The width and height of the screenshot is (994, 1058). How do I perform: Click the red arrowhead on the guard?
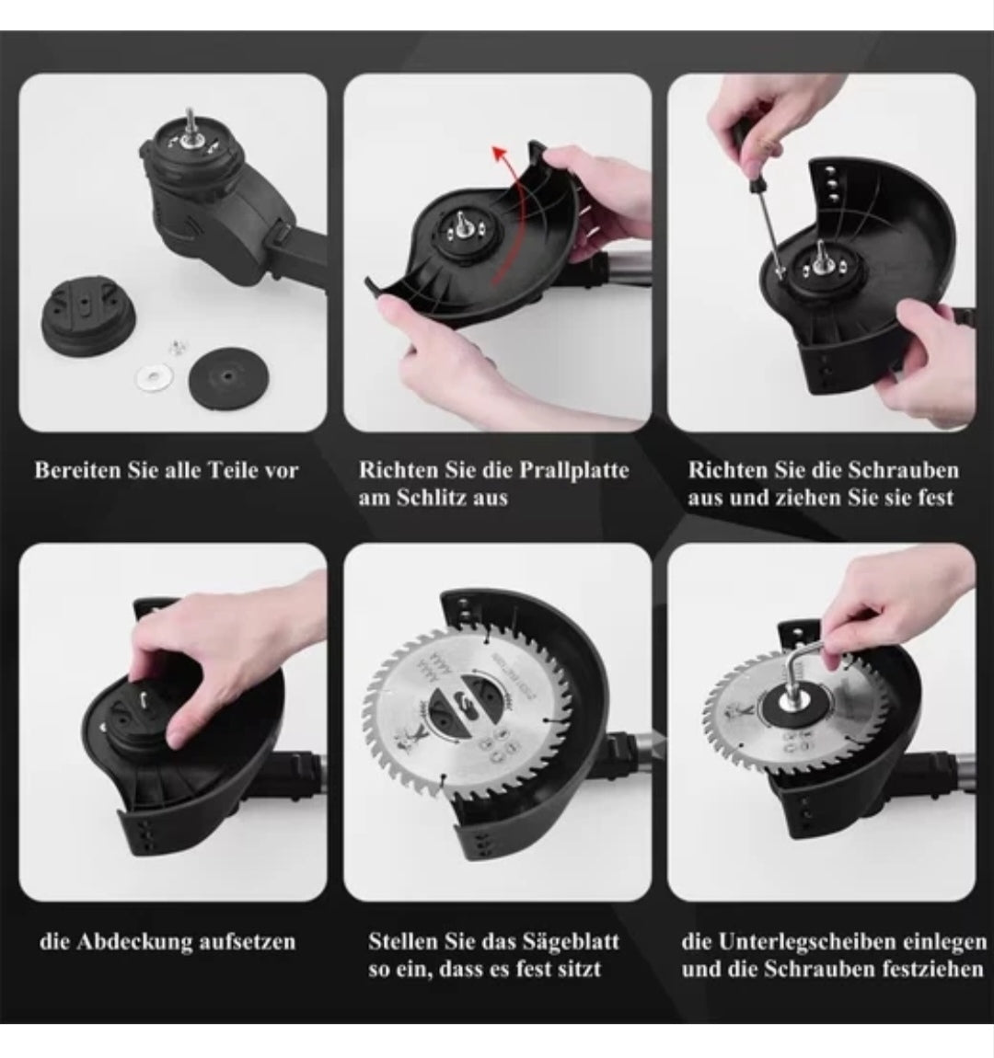point(500,155)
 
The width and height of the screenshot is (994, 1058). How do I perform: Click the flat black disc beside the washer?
point(228,374)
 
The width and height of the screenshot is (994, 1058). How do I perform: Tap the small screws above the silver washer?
point(178,347)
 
